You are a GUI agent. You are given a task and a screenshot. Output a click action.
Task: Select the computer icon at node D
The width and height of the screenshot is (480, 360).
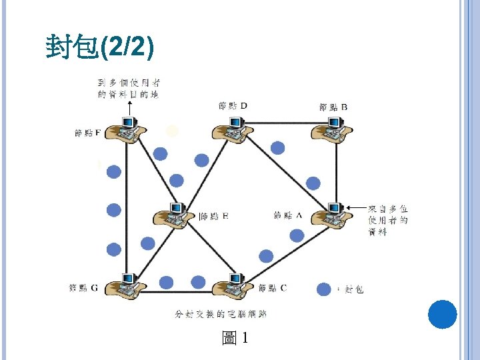tap(234, 127)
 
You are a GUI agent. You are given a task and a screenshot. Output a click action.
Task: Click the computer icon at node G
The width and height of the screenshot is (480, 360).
tap(125, 285)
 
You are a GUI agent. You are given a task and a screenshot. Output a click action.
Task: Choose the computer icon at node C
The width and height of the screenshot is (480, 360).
tap(233, 286)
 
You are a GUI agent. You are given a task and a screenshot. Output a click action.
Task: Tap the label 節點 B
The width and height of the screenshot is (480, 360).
tap(333, 107)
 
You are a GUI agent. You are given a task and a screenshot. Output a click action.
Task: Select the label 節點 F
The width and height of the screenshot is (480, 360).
tap(87, 133)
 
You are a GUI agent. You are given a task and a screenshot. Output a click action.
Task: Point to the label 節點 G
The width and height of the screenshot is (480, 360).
tap(83, 288)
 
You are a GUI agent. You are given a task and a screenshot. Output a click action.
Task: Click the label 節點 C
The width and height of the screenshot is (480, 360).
tap(273, 288)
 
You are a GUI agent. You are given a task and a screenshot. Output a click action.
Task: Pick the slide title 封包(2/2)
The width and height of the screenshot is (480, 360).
tap(100, 47)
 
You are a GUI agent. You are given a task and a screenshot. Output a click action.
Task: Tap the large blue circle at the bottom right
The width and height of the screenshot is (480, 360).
tap(442, 314)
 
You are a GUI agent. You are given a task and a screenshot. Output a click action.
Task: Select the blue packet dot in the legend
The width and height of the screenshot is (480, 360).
tap(324, 289)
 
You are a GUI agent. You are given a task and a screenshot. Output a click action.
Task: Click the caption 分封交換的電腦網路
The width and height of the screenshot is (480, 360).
tap(221, 313)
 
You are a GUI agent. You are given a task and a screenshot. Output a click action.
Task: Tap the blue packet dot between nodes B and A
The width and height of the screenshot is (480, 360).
tap(313, 183)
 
